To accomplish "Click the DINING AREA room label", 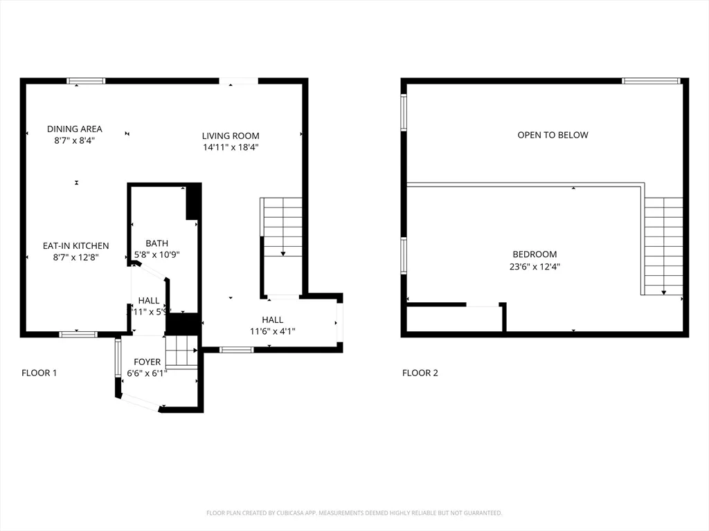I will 75,129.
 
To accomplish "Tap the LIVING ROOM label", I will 231,136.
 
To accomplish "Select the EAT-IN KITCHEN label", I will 76,245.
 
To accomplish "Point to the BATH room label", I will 156,243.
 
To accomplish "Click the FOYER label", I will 147,362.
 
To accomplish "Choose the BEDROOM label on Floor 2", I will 534,254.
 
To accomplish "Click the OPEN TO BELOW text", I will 553,135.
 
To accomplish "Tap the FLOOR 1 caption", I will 39,373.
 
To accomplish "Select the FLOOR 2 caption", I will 420,373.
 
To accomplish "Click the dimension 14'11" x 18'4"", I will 231,147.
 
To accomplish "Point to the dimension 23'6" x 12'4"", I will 534,265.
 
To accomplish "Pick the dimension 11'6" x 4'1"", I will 272,331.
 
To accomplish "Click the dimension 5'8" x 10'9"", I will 156,254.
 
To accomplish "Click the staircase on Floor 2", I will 663,245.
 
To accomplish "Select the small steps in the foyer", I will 182,351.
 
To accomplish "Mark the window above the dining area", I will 86,81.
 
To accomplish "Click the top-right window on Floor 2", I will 651,81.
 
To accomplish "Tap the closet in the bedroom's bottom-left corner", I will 454,319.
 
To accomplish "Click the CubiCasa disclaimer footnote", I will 354,512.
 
